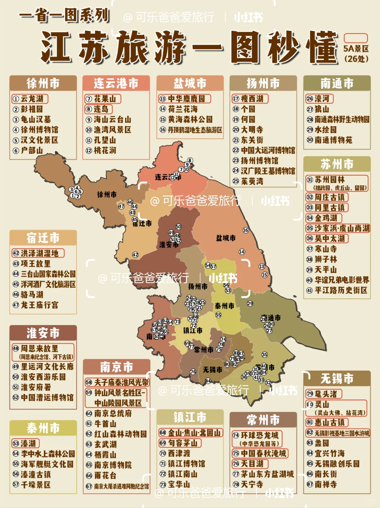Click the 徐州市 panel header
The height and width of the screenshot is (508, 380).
(43, 84)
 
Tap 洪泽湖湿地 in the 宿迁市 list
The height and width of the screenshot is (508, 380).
(39, 253)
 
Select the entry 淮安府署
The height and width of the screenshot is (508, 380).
(36, 387)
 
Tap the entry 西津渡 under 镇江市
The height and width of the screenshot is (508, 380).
(179, 453)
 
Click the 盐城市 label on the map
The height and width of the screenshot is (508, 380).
(226, 238)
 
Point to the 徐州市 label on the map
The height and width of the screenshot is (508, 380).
(107, 195)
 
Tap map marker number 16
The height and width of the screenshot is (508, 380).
(246, 230)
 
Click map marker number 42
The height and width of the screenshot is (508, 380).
(135, 255)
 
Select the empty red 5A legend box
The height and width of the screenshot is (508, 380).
(355, 38)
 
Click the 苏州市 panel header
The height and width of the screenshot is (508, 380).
(337, 164)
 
